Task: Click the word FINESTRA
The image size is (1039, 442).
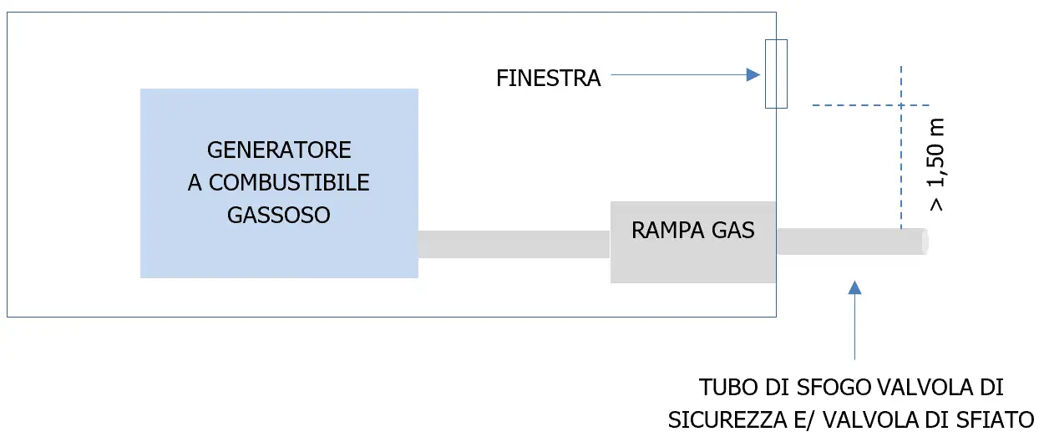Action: point(548,79)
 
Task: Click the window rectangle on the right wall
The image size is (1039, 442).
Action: point(776,74)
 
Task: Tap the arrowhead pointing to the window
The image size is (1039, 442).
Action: point(753,75)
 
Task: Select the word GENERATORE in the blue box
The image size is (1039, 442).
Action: point(279,150)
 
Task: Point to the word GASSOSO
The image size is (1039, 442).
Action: point(279,215)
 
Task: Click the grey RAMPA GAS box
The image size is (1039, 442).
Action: point(693,255)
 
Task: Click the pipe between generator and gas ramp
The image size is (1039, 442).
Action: point(514,244)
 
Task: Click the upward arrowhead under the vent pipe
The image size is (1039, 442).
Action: point(854,288)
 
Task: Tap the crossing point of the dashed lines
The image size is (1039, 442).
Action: point(900,105)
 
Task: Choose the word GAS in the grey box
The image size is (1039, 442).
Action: point(734,230)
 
